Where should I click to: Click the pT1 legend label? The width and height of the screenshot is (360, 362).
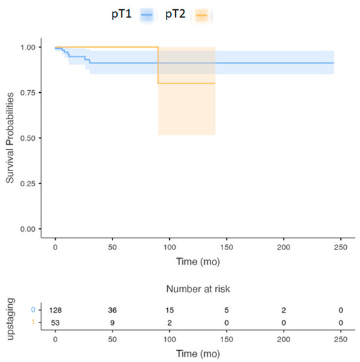point(122,13)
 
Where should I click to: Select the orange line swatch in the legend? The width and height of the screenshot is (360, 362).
point(203,14)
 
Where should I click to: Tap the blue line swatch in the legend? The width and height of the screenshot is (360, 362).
point(147,14)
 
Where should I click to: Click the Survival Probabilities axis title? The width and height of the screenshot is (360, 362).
point(11,138)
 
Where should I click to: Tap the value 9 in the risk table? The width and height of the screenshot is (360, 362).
point(112,323)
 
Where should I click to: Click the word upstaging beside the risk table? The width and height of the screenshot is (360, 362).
point(11,317)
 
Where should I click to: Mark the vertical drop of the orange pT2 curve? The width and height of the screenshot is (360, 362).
point(158,65)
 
